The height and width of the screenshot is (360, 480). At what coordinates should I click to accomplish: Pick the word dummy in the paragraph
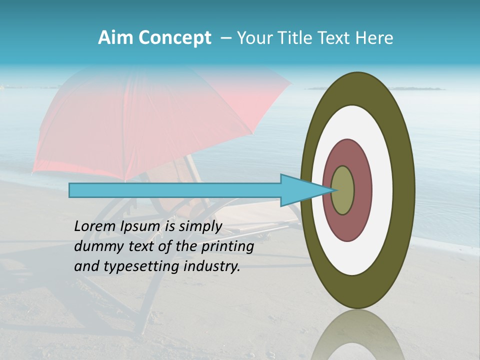(x=97, y=246)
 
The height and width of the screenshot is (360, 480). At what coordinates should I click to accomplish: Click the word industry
(x=212, y=266)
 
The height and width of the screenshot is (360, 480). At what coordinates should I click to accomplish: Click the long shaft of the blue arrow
(x=175, y=190)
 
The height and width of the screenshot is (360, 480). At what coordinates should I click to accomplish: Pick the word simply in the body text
(x=200, y=227)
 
